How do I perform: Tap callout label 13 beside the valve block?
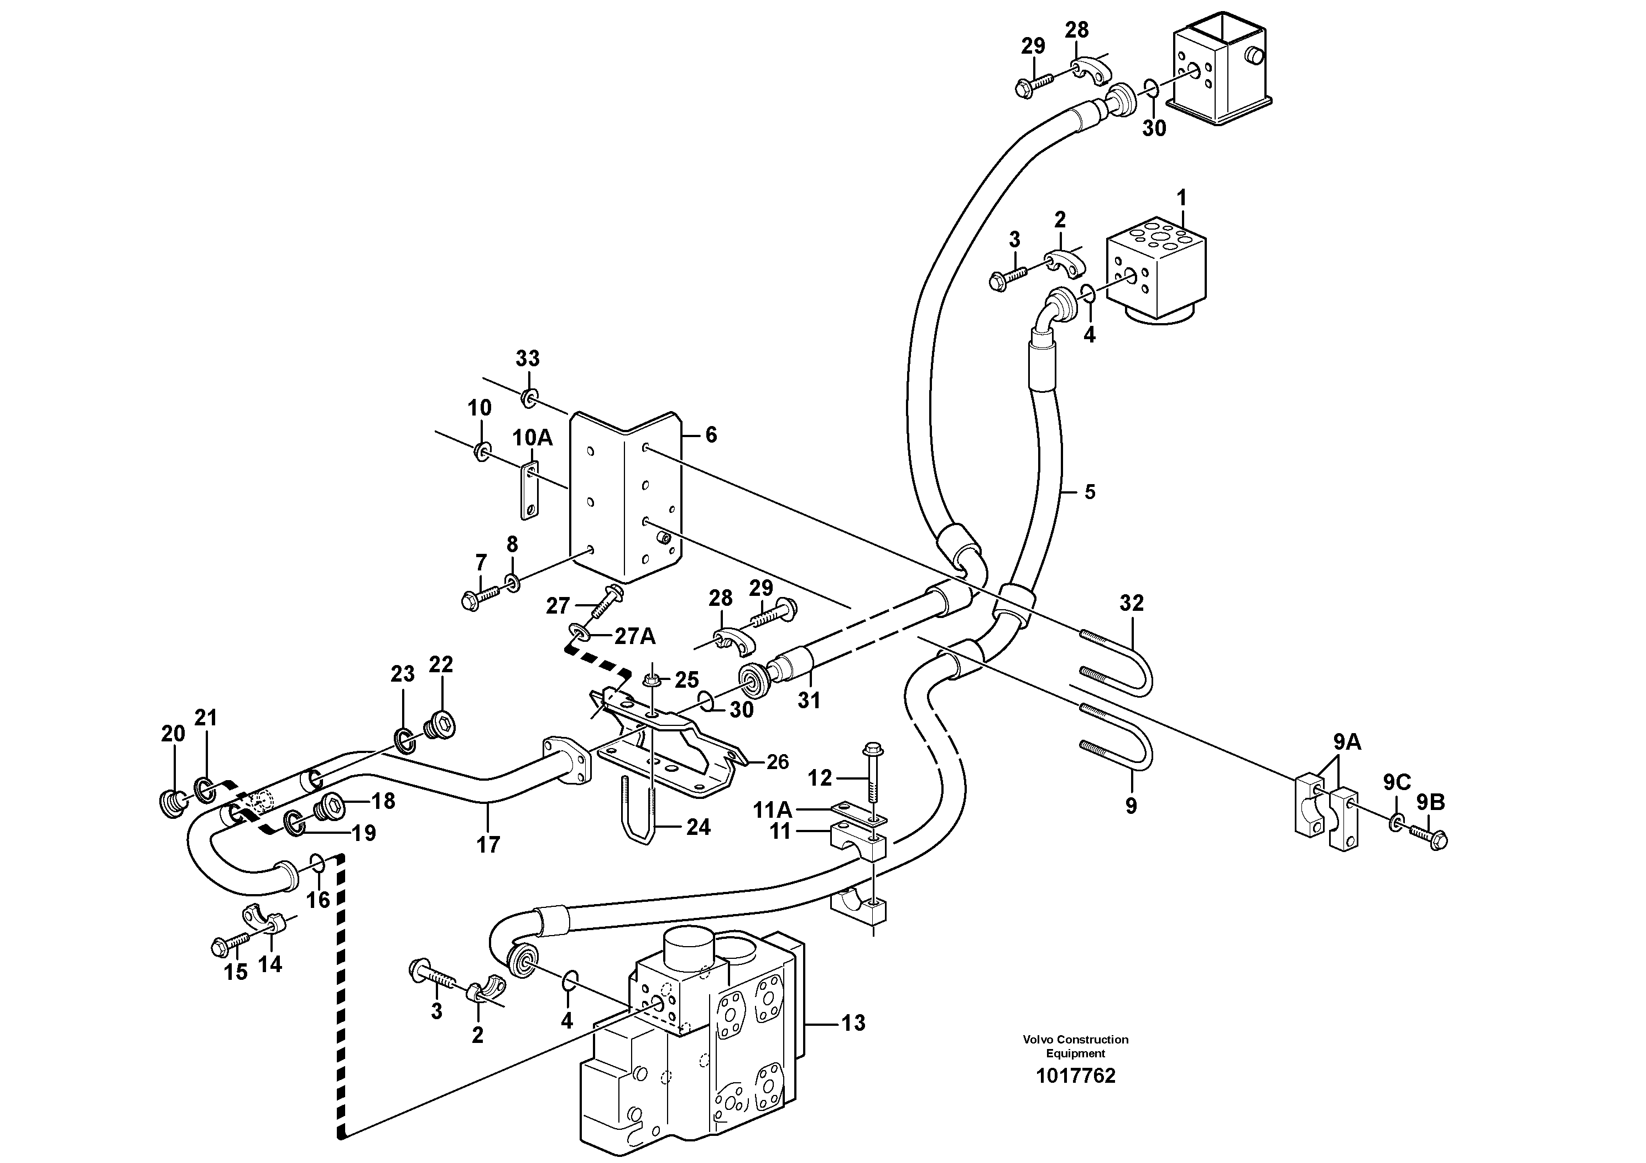coord(853,1022)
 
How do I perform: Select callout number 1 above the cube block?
coord(1181,196)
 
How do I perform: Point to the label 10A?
coord(532,438)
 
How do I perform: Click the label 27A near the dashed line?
coord(634,635)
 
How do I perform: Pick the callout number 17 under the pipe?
coord(488,845)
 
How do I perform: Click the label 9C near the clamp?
coord(1397,782)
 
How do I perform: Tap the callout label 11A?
coord(772,810)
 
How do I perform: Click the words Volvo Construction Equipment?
coord(1075,1046)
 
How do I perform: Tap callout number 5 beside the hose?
coord(1090,492)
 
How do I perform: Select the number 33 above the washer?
coord(528,359)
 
